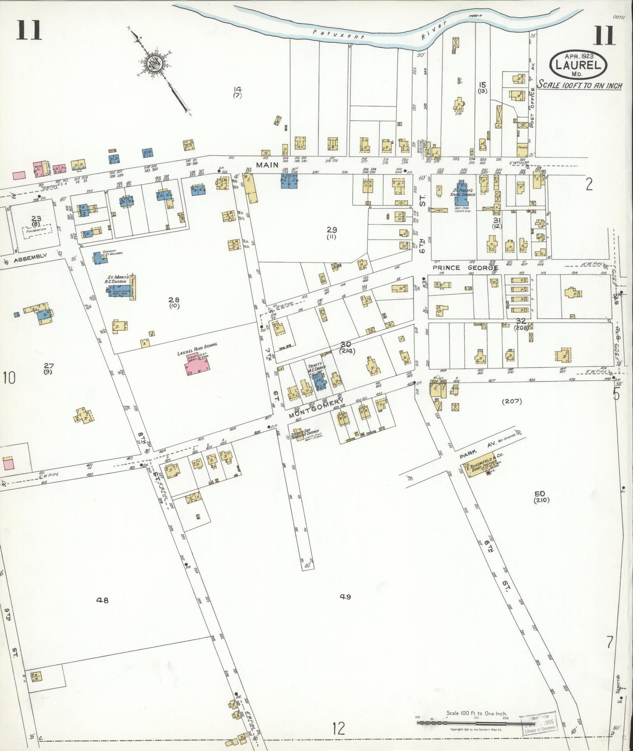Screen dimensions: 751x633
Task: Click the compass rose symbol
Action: click(155, 63)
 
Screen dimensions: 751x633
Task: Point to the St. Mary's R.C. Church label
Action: click(117, 279)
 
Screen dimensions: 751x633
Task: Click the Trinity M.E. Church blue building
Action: click(320, 379)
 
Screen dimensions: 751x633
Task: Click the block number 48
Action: click(102, 600)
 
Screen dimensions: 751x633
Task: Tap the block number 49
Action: click(346, 596)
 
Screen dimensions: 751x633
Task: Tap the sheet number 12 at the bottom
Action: click(338, 729)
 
